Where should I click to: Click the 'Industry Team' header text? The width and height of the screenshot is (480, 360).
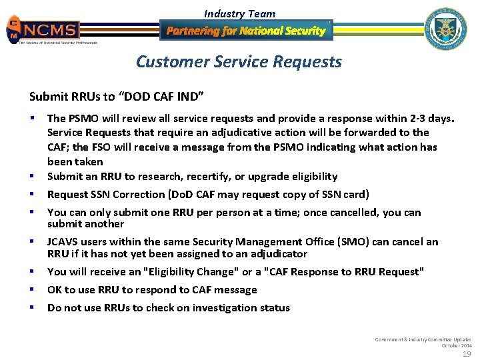pyautogui.click(x=239, y=13)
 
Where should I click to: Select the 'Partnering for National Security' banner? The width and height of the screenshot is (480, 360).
pyautogui.click(x=245, y=31)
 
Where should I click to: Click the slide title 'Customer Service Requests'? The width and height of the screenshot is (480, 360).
pyautogui.click(x=239, y=62)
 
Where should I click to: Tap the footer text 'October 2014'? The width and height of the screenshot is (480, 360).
pyautogui.click(x=457, y=345)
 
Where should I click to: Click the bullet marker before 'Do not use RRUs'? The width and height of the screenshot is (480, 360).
pyautogui.click(x=32, y=307)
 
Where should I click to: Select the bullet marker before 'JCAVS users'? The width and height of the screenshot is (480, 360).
pyautogui.click(x=32, y=242)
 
